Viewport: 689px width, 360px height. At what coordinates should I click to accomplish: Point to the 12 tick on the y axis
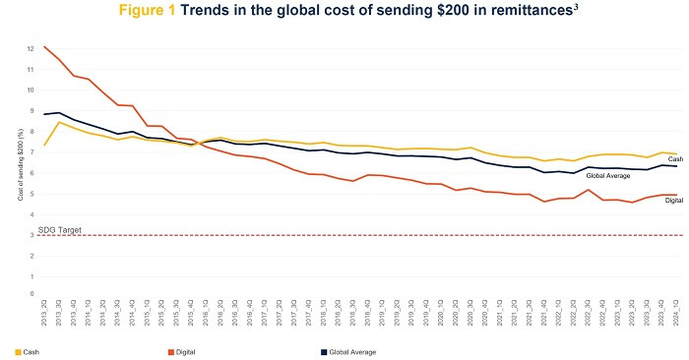click(31, 48)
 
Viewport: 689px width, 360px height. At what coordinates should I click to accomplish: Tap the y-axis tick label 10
click(31, 90)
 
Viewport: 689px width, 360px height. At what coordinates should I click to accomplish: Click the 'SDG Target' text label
click(59, 229)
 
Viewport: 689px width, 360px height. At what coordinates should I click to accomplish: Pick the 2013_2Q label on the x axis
click(45, 312)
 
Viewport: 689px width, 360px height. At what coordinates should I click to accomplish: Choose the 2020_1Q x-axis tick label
click(438, 312)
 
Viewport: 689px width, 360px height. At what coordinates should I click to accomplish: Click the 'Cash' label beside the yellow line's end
click(675, 159)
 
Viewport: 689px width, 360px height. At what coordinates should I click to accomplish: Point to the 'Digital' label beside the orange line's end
click(673, 201)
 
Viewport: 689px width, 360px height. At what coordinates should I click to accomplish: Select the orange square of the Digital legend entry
click(170, 351)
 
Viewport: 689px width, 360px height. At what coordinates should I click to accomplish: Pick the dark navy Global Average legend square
click(322, 351)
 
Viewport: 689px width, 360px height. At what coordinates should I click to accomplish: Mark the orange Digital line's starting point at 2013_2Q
click(45, 46)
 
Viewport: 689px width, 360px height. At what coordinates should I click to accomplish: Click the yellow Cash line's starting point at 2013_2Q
click(45, 145)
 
